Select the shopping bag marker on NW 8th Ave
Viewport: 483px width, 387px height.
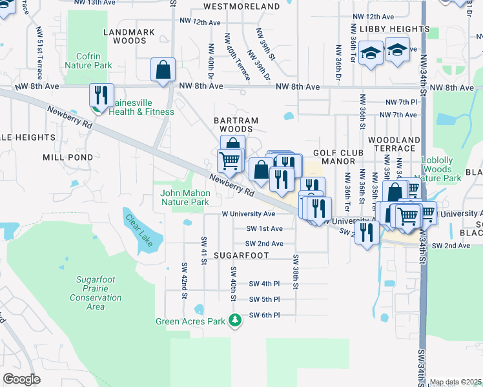click(163, 70)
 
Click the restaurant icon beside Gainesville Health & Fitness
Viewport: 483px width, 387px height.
click(101, 95)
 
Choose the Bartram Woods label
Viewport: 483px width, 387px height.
click(236, 125)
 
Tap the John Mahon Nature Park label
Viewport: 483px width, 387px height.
click(185, 197)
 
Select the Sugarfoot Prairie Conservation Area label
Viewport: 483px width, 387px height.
click(96, 293)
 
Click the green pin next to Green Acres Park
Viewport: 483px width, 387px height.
click(236, 321)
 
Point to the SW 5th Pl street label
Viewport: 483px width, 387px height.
click(264, 299)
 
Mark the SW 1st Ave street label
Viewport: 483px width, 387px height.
click(264, 228)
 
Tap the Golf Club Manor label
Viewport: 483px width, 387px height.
click(344, 156)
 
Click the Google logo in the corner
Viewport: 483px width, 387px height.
click(21, 379)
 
